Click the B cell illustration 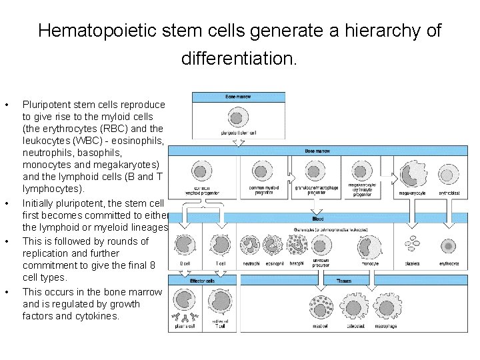coord(187,246)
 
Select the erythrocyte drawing coord(449,246)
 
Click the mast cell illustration coord(321,307)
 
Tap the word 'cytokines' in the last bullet coord(97,316)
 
